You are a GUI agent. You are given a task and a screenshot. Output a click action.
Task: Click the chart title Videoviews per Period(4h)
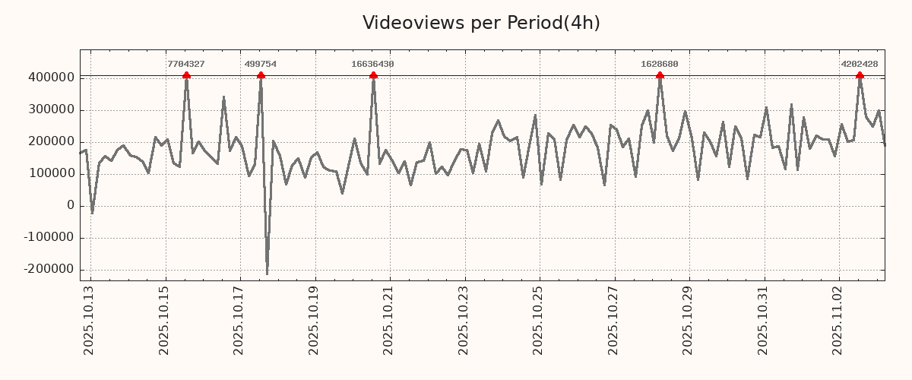tap(481, 24)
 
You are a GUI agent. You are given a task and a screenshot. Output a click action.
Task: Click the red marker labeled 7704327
tap(186, 75)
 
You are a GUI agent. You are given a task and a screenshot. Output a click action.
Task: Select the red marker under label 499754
tap(261, 75)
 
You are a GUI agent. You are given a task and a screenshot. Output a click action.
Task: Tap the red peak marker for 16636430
tap(373, 75)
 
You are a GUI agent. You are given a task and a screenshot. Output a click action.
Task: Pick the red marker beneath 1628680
tap(660, 75)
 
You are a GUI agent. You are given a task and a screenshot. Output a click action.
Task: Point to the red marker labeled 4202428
tap(860, 75)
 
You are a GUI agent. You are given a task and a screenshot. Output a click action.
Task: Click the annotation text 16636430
tap(372, 65)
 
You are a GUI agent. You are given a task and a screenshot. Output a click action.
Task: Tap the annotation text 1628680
tap(660, 65)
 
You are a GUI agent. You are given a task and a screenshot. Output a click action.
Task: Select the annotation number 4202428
tap(860, 65)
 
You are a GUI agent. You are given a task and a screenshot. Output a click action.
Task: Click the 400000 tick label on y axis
tap(51, 78)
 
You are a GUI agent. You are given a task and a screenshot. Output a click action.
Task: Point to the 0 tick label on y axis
tap(71, 206)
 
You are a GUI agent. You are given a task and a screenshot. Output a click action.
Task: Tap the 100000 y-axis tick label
tap(51, 174)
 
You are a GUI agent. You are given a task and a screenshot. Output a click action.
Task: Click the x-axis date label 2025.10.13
tap(89, 320)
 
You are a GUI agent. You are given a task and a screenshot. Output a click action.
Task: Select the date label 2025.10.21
tap(388, 320)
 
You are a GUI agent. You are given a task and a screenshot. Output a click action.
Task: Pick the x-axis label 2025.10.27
tap(613, 320)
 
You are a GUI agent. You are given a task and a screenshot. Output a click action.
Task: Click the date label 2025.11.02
tap(838, 320)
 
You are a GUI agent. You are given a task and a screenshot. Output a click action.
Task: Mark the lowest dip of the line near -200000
tap(267, 274)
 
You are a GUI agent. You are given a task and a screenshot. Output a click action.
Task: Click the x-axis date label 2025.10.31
tap(763, 320)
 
